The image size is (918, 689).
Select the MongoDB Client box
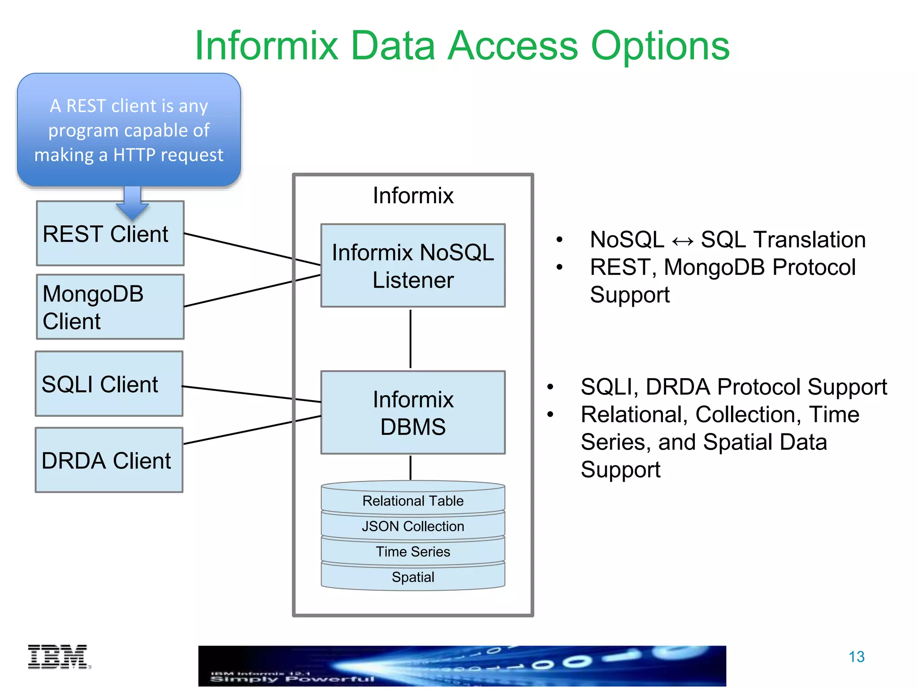[110, 307]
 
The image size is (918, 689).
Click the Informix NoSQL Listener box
[413, 266]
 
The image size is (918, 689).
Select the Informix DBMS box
[413, 413]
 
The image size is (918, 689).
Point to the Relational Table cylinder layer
[413, 501]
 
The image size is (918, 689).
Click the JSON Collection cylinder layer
[413, 526]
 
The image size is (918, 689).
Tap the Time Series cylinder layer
[413, 552]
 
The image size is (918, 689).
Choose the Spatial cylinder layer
[413, 577]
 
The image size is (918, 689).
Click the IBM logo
[58, 657]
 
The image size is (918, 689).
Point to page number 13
[856, 657]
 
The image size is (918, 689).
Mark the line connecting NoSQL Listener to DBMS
[410, 339]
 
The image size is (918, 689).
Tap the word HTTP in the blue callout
[134, 155]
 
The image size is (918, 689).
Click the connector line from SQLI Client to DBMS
[251, 393]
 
